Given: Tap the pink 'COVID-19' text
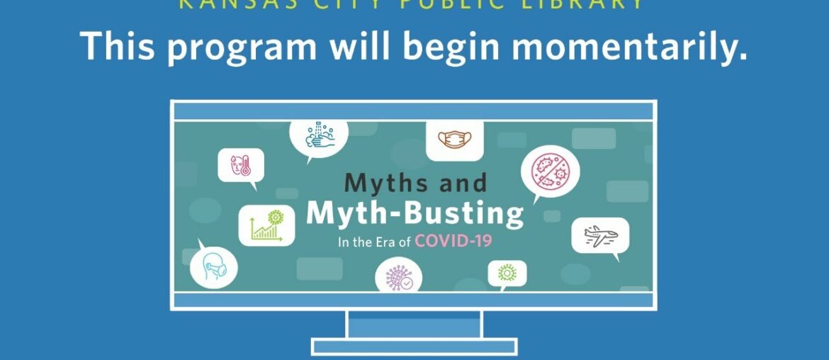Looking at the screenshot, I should point(453,241).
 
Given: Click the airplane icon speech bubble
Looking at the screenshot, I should point(601,236).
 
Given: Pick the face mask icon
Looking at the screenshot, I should point(454,140).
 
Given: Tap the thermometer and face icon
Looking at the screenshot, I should point(240,166).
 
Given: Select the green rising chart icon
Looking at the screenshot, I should point(266,225).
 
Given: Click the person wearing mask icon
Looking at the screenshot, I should point(213,267).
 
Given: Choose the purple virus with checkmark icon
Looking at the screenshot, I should point(398,276).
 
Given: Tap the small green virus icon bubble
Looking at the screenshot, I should point(507,273).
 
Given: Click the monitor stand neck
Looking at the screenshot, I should point(414,324).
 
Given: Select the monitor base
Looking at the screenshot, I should point(414,347).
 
